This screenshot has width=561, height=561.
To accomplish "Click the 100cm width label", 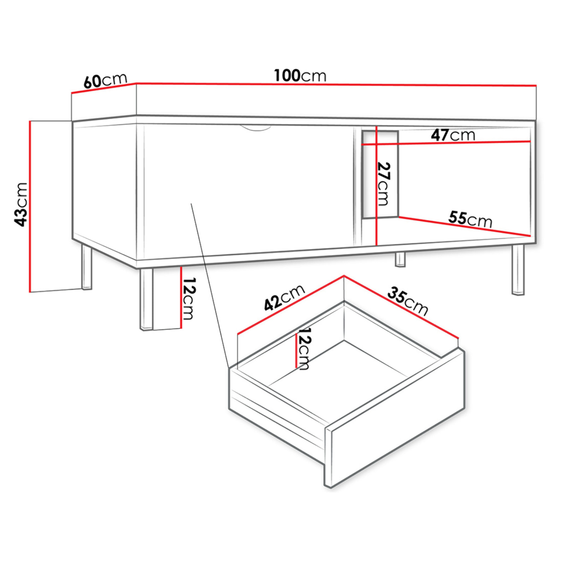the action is click(x=300, y=76).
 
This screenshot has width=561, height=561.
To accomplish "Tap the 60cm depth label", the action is click(x=105, y=81).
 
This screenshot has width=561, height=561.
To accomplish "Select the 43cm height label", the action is click(x=21, y=205).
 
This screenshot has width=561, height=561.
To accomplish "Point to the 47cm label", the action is click(x=453, y=135).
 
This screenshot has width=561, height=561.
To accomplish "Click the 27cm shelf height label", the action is click(x=383, y=184).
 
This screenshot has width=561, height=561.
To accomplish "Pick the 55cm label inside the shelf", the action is click(x=470, y=219).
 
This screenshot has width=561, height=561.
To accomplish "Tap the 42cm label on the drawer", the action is click(x=284, y=297).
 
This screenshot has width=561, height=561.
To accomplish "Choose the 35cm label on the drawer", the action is click(x=408, y=301).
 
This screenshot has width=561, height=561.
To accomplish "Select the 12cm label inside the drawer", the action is click(x=304, y=349).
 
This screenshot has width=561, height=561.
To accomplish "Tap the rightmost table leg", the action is click(x=518, y=269).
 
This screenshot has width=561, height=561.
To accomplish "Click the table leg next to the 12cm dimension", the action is click(x=146, y=300).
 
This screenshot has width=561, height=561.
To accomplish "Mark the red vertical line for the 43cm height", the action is click(x=30, y=207).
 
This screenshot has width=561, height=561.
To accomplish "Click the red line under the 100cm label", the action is click(x=336, y=84).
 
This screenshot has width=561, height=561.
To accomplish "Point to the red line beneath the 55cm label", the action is click(x=465, y=226).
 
